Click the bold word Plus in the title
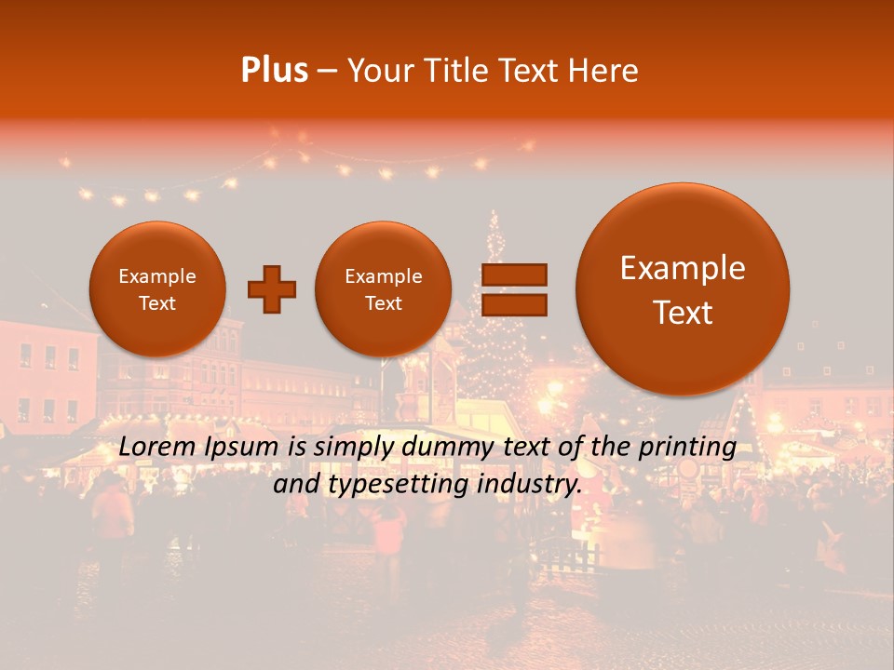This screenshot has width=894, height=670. point(274,71)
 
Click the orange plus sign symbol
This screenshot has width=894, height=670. point(272,289)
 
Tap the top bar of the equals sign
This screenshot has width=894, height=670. point(513,275)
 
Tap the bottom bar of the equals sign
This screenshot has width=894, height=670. point(513,304)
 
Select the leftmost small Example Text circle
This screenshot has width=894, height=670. point(156,289)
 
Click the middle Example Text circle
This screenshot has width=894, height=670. point(383,289)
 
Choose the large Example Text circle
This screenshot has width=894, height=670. point(683,289)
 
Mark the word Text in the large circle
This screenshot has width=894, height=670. point(683,313)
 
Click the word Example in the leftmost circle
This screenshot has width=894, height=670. point(156,276)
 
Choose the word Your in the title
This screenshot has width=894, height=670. point(375,71)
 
